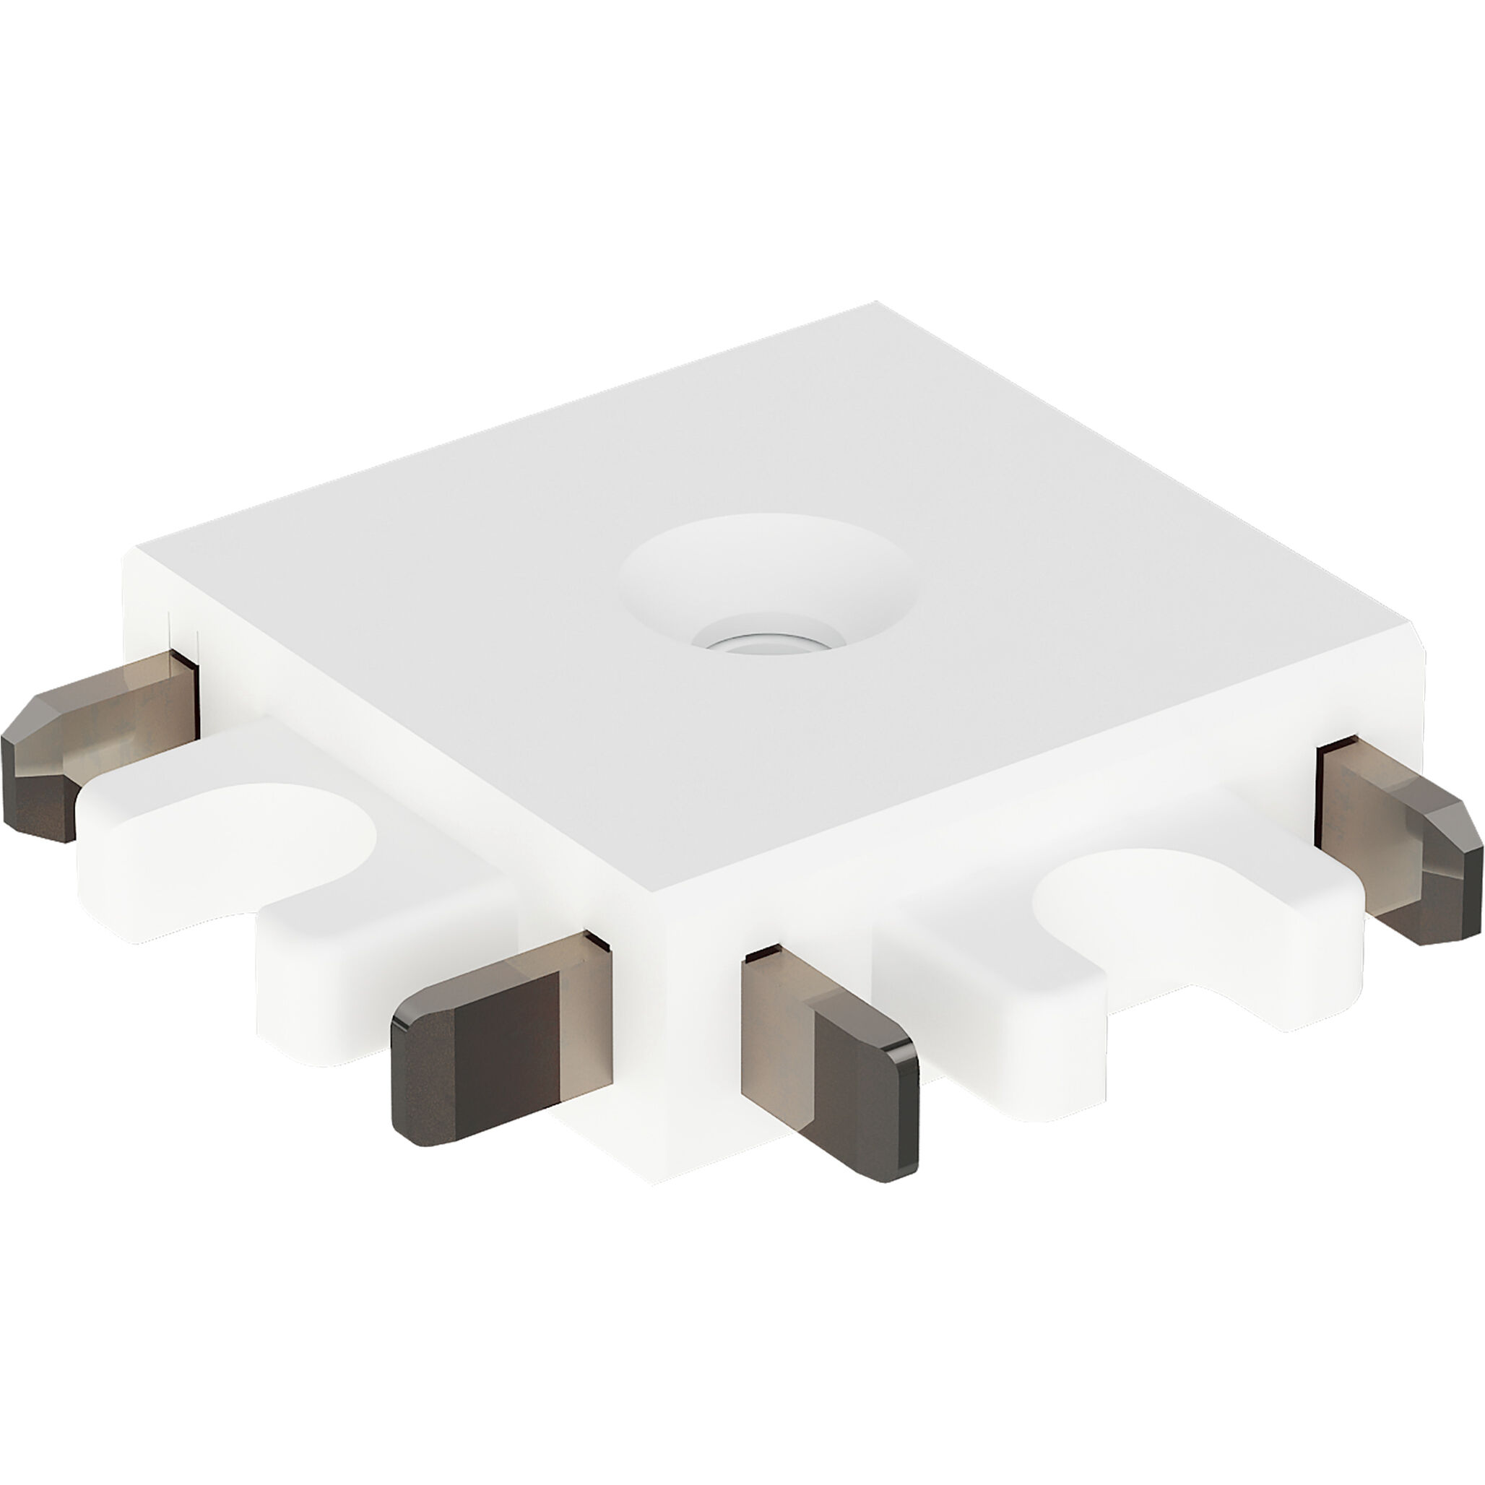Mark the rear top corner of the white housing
(876, 304)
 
